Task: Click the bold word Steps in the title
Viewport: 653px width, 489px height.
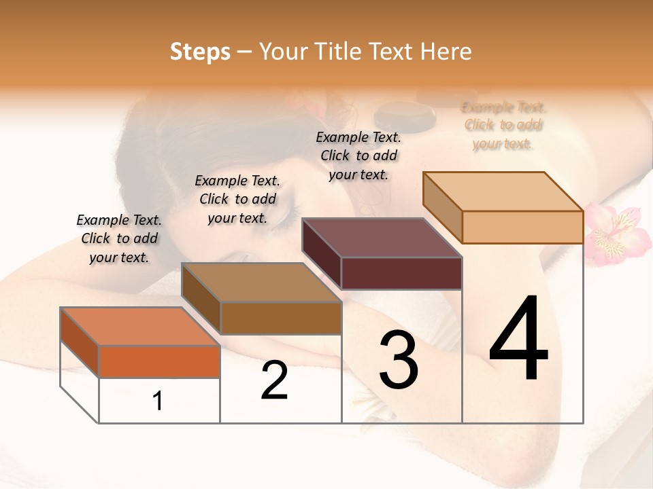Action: click(x=200, y=52)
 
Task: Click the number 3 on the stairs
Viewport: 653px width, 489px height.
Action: click(x=398, y=359)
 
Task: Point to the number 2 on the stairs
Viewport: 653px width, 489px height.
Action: click(x=274, y=380)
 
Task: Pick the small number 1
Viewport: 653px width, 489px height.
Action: click(x=158, y=401)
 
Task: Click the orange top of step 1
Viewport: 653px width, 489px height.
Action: click(x=139, y=326)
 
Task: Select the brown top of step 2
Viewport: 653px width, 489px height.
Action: click(x=261, y=283)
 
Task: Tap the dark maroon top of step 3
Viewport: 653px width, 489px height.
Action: click(x=382, y=238)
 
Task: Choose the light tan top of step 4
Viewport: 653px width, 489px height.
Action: click(x=503, y=192)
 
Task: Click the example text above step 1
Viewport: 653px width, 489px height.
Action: click(x=119, y=238)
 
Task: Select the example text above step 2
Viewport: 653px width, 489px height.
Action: click(x=237, y=199)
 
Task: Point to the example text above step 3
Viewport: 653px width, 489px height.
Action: click(x=358, y=156)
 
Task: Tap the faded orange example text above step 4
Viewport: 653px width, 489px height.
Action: click(x=503, y=125)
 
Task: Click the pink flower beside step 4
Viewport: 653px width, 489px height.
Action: click(x=612, y=234)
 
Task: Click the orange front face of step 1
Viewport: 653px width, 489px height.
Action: click(x=159, y=361)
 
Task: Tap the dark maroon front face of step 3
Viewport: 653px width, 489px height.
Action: click(x=401, y=273)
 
